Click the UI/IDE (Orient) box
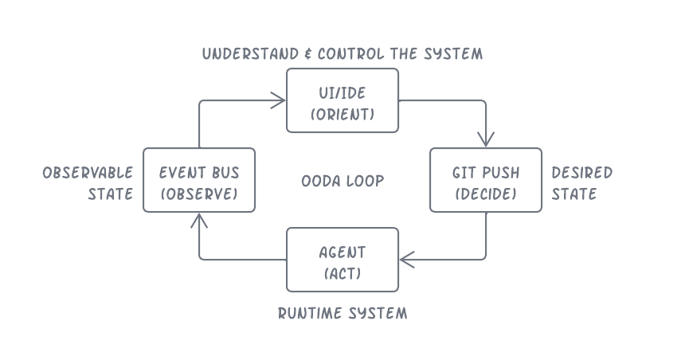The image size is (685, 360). (342, 100)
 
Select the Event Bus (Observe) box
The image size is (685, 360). (199, 180)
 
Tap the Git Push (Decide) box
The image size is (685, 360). (486, 180)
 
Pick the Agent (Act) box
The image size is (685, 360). (342, 260)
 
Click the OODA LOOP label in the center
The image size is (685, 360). (342, 181)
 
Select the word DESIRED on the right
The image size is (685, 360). (582, 173)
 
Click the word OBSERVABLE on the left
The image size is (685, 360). (88, 173)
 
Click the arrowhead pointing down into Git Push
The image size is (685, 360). (486, 142)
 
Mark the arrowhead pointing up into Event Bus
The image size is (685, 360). (199, 218)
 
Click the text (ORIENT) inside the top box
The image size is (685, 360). (342, 115)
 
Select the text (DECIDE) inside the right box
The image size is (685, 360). (486, 194)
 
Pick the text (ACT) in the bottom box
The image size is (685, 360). (342, 274)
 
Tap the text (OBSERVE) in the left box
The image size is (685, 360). (199, 194)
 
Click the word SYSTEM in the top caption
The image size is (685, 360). (453, 54)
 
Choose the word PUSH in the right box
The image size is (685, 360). (501, 173)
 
